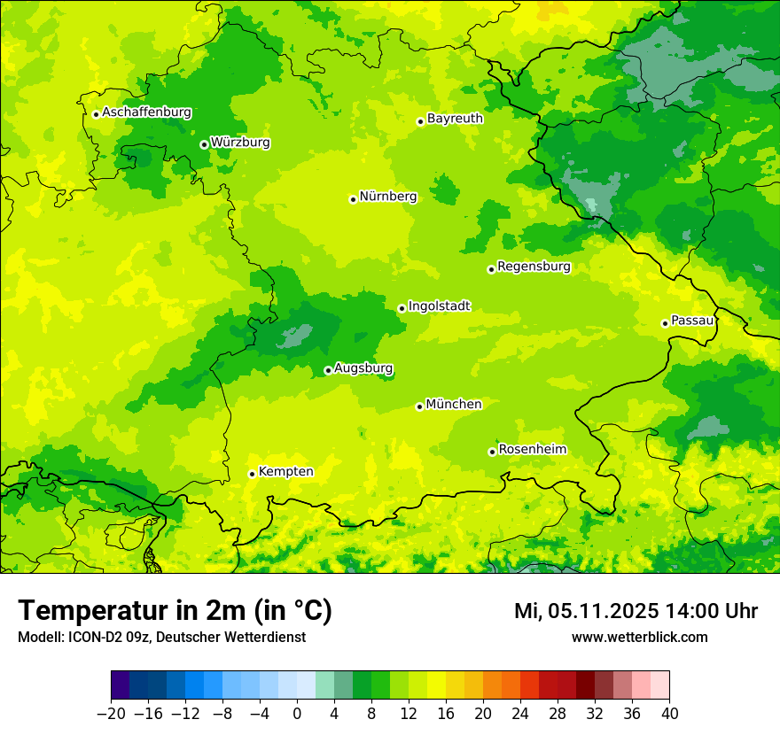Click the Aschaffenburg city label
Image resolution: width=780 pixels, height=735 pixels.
(x=146, y=112)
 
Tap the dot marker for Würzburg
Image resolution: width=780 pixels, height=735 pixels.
(x=204, y=144)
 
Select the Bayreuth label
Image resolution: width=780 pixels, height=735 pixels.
(x=455, y=119)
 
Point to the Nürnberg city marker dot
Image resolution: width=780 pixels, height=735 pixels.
(x=353, y=199)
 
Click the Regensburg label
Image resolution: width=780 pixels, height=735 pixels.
(x=534, y=267)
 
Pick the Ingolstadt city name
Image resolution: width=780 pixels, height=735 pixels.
(x=439, y=306)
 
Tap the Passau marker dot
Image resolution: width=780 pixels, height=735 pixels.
(x=665, y=323)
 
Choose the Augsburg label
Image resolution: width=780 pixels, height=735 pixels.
(x=363, y=368)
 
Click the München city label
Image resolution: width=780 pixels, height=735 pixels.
(x=454, y=405)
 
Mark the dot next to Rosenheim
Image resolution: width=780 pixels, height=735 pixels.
(x=492, y=452)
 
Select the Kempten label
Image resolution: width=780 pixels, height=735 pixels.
(x=285, y=472)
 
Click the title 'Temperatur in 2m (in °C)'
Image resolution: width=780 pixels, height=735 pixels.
(x=175, y=610)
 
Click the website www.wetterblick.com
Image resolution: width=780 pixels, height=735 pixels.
(x=639, y=637)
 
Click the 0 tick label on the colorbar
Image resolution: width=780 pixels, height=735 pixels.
(x=297, y=714)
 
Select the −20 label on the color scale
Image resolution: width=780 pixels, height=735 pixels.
(x=111, y=714)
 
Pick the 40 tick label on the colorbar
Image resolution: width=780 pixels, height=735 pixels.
(x=669, y=714)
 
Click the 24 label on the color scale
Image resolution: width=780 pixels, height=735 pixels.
(x=520, y=714)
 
